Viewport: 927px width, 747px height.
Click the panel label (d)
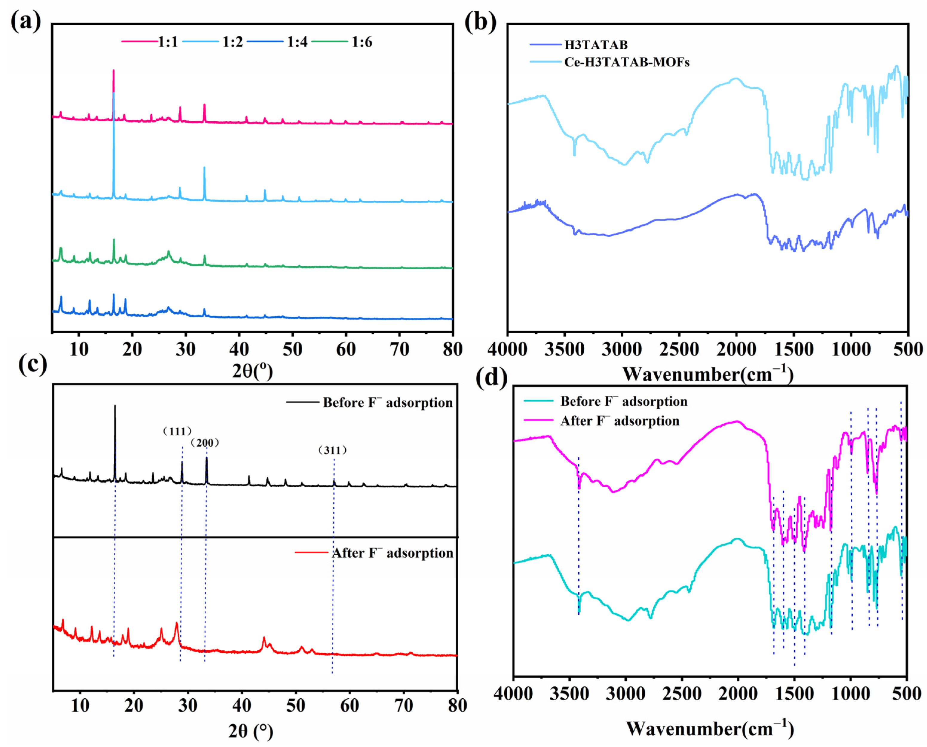(x=491, y=377)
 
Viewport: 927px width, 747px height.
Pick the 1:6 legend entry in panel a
(x=362, y=42)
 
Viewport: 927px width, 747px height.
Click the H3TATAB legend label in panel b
(x=596, y=45)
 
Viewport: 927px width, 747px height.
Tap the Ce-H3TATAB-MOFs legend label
(x=626, y=62)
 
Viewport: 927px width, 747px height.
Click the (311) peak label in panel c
(x=333, y=451)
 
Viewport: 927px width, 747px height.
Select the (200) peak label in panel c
(x=205, y=443)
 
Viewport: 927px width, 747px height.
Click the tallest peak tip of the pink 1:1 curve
(x=113, y=70)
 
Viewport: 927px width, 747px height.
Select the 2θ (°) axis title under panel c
(x=251, y=731)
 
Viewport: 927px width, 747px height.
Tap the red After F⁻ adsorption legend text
(x=392, y=553)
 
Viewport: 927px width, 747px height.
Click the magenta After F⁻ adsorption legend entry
(x=620, y=421)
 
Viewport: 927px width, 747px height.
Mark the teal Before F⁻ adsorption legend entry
(x=623, y=402)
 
